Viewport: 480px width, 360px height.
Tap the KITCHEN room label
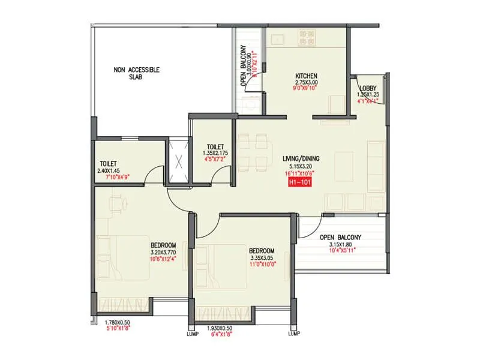pyautogui.click(x=306, y=76)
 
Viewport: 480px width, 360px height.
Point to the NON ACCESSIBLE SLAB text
pyautogui.click(x=137, y=74)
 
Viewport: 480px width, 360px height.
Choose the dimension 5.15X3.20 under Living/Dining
pyautogui.click(x=302, y=166)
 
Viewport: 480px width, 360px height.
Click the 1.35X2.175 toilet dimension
pyautogui.click(x=215, y=153)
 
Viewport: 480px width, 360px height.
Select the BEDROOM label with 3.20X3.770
pyautogui.click(x=163, y=245)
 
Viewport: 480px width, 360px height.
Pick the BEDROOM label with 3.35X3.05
pyautogui.click(x=262, y=251)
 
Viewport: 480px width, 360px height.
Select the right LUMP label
pyautogui.click(x=293, y=334)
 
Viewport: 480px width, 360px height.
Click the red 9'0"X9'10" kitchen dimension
pyautogui.click(x=306, y=89)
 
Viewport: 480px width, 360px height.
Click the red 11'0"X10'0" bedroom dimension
pyautogui.click(x=262, y=265)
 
